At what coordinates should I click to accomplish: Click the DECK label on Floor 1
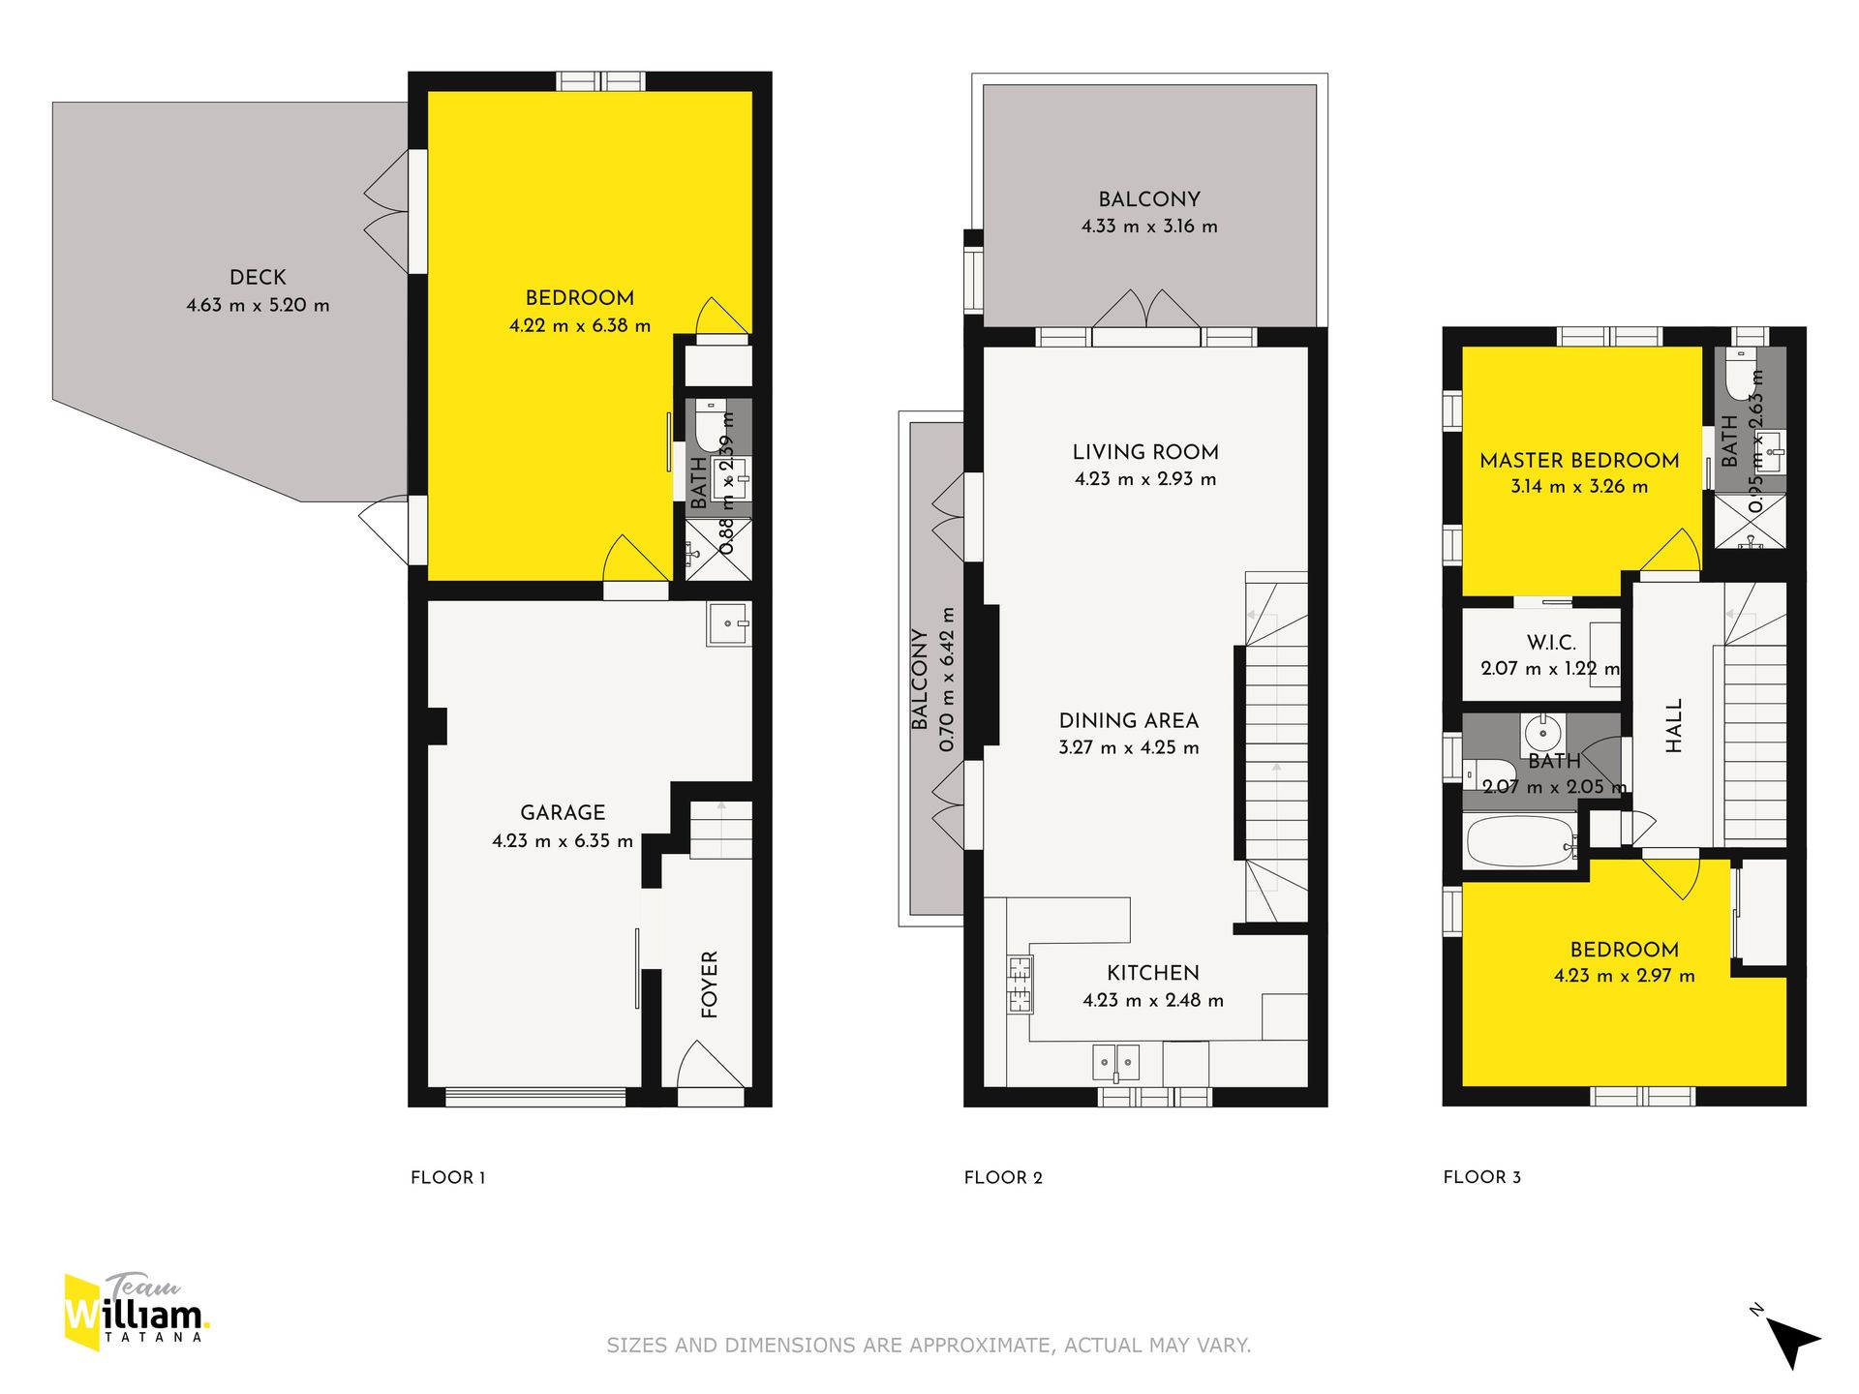(x=258, y=277)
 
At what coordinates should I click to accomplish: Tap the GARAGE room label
(x=563, y=812)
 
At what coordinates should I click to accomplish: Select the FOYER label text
(x=710, y=985)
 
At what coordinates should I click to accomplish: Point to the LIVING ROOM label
(x=1145, y=452)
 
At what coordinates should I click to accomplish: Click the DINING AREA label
(x=1129, y=720)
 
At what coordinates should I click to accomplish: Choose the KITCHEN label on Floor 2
(x=1153, y=973)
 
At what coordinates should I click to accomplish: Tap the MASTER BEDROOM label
(x=1579, y=461)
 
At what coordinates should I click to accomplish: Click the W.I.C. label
(x=1551, y=642)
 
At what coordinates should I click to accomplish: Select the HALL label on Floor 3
(x=1674, y=725)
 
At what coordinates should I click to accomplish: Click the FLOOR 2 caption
(x=1003, y=1177)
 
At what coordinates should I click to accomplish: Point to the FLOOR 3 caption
(x=1481, y=1177)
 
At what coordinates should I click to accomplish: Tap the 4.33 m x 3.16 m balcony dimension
(x=1149, y=227)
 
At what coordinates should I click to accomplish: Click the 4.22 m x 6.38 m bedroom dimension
(x=580, y=326)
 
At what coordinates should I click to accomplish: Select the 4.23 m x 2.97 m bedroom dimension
(x=1625, y=976)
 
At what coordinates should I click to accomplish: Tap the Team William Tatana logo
(x=136, y=1312)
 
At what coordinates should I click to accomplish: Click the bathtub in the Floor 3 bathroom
(x=1521, y=842)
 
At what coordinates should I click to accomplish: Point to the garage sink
(x=728, y=624)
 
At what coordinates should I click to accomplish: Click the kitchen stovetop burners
(x=1020, y=984)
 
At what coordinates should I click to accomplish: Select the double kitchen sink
(x=1116, y=1063)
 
